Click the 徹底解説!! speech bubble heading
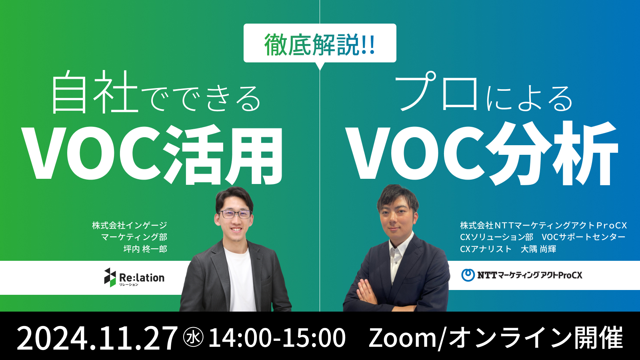pos(320,44)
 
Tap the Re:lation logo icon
pos(110,277)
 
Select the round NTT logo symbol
pos(468,275)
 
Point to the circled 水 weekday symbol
pos(194,337)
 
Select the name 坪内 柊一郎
pos(145,249)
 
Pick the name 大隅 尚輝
pos(538,249)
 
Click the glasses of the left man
pos(235,214)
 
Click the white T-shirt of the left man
pos(240,280)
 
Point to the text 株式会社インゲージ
pos(130,226)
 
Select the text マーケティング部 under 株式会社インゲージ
pos(134,237)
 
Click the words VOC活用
pos(154,154)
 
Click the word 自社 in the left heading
pos(94,92)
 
